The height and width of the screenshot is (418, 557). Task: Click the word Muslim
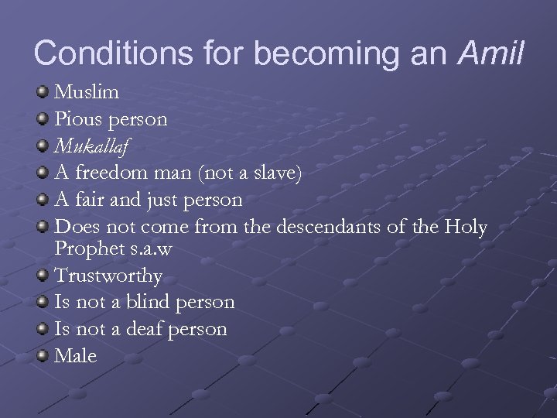click(87, 94)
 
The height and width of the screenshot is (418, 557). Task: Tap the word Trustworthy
click(108, 276)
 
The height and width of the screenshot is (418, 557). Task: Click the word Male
click(76, 355)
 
